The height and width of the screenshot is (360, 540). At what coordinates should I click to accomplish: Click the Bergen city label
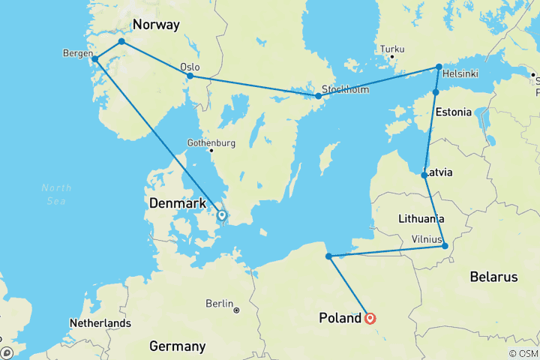pos(78,52)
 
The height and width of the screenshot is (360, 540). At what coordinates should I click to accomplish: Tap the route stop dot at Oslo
pos(190,76)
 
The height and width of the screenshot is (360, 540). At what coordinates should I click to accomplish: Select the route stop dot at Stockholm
pos(319,96)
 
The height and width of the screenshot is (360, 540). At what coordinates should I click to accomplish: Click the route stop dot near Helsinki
pos(439,67)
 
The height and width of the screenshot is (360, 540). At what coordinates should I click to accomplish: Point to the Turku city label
pos(392,50)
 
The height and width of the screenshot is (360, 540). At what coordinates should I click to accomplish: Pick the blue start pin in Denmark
pos(221,215)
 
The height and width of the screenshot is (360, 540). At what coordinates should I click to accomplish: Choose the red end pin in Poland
pos(370,318)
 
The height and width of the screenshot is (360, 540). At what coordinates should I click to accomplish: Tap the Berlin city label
pos(219,304)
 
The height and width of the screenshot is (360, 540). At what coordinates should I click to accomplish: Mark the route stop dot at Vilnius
pos(445,246)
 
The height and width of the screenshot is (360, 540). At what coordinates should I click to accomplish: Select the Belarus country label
pos(493,277)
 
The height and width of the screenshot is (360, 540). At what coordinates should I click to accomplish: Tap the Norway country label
pos(156,25)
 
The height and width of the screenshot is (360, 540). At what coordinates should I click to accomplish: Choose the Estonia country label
pos(453,112)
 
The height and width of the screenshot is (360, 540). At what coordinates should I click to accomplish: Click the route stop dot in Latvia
pos(425,175)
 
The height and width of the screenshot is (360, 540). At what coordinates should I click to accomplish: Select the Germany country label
pos(177,346)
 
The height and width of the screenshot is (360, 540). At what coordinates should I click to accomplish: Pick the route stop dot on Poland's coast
pos(328,256)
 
